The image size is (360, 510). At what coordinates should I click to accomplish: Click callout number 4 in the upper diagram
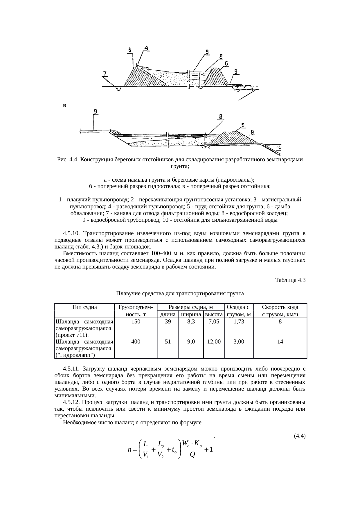[147, 48]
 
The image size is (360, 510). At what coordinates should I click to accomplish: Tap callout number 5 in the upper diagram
[207, 52]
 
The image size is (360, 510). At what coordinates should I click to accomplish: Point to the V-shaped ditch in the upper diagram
[118, 88]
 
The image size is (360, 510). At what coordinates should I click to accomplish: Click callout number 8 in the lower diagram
[221, 116]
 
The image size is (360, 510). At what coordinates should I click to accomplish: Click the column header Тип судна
[84, 307]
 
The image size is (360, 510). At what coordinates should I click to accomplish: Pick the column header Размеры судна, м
[191, 307]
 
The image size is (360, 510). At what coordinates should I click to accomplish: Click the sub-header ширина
[191, 314]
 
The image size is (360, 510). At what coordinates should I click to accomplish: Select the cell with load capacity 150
[136, 322]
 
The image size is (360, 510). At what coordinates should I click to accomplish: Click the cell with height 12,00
[214, 342]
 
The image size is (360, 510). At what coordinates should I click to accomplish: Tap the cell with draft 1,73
[239, 322]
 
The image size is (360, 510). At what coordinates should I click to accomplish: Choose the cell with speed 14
[280, 342]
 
